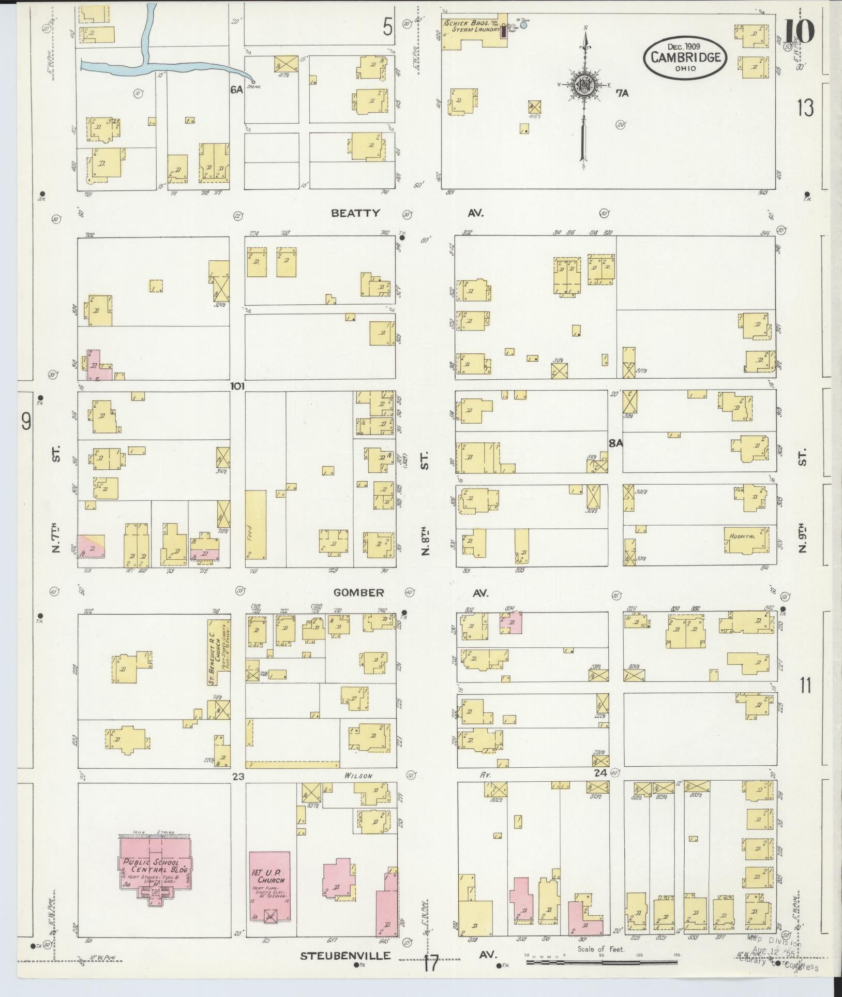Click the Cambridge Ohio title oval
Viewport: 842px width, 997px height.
tap(685, 56)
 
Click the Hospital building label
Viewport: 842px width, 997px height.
tap(743, 537)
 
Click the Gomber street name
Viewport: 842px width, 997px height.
tap(358, 593)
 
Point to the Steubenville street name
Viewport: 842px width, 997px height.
tap(345, 955)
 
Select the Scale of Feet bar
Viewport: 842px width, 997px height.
tap(602, 963)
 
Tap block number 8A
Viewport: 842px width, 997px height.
tap(615, 443)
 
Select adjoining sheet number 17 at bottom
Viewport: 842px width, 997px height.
tap(430, 964)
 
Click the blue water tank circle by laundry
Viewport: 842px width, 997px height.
tap(523, 24)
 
